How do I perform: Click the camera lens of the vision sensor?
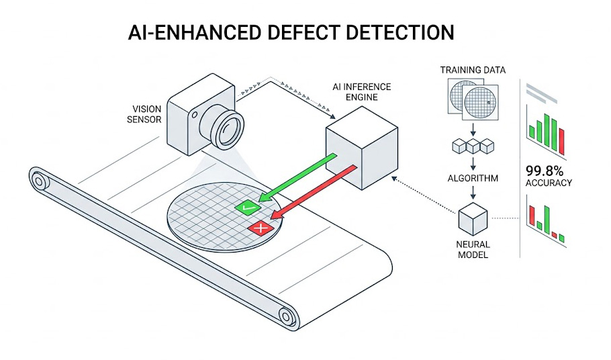(230, 126)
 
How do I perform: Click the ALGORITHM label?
(473, 179)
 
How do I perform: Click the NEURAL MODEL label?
(473, 251)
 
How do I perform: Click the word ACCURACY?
(549, 182)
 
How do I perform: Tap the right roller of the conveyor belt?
(288, 315)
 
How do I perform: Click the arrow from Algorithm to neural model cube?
(473, 195)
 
